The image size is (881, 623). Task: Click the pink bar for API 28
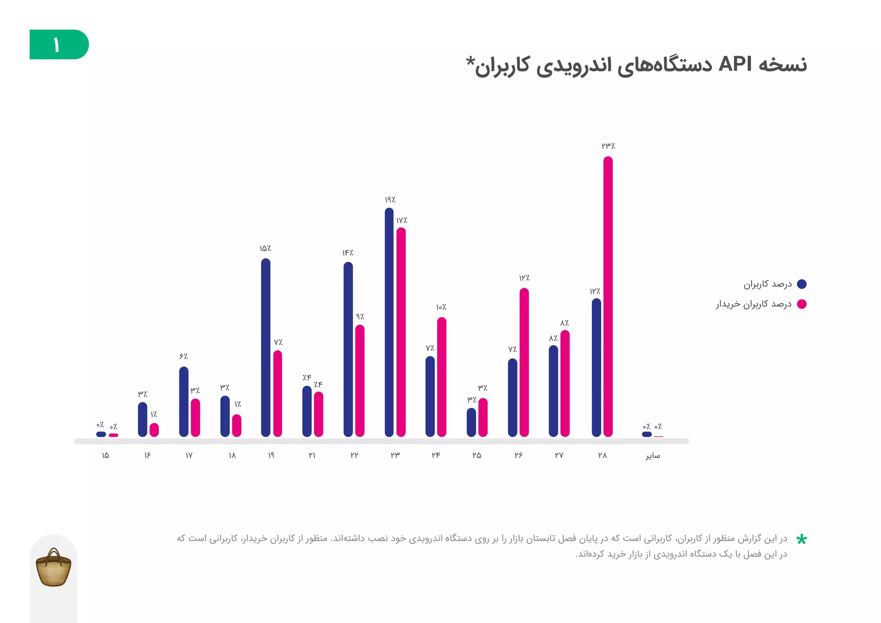pyautogui.click(x=608, y=297)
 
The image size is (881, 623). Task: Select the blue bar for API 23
pyautogui.click(x=389, y=323)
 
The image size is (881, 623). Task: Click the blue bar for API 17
pyautogui.click(x=184, y=402)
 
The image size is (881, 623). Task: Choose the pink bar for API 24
pyautogui.click(x=441, y=377)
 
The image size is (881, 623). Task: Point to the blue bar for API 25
pyautogui.click(x=471, y=423)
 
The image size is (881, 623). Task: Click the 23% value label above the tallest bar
pyautogui.click(x=608, y=146)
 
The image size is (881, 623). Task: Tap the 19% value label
pyautogui.click(x=390, y=200)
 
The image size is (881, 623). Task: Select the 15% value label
pyautogui.click(x=265, y=249)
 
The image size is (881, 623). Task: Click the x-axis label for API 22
pyautogui.click(x=354, y=455)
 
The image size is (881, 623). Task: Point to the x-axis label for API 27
pyautogui.click(x=559, y=455)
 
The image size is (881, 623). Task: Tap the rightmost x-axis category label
pyautogui.click(x=653, y=456)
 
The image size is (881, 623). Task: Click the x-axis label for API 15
pyautogui.click(x=105, y=455)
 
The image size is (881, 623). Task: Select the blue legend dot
pyautogui.click(x=801, y=284)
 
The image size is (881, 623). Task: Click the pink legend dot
pyautogui.click(x=801, y=304)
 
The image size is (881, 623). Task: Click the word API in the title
pyautogui.click(x=735, y=65)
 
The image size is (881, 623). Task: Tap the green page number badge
pyautogui.click(x=59, y=44)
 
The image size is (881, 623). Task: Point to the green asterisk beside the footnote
pyautogui.click(x=801, y=540)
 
